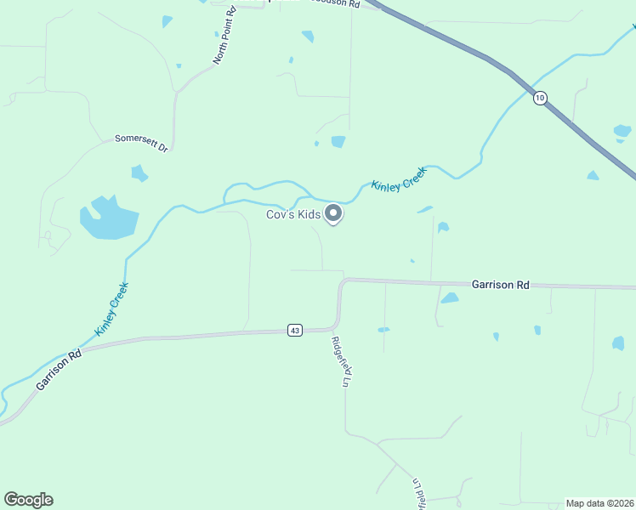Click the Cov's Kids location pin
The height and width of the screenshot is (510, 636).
coord(334,214)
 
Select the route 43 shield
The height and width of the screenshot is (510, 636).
coord(294,330)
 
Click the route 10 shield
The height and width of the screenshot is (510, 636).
coord(540,98)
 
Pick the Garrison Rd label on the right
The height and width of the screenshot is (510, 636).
coord(501,285)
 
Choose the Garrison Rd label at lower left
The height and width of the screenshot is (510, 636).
coord(59,370)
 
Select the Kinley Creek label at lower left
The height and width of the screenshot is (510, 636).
coord(111,308)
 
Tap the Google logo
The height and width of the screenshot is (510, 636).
coord(28,500)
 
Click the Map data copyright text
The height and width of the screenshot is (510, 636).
coord(599,502)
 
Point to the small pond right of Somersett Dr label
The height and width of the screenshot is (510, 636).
coord(139,173)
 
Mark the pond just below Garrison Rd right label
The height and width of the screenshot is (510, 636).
coord(450,298)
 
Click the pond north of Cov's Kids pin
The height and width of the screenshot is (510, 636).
coord(338,141)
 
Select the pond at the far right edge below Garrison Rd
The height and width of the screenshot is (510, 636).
coord(618,343)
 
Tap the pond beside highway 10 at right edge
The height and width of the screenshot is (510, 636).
coord(622,132)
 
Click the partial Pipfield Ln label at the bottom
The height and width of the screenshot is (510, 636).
coord(417,493)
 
